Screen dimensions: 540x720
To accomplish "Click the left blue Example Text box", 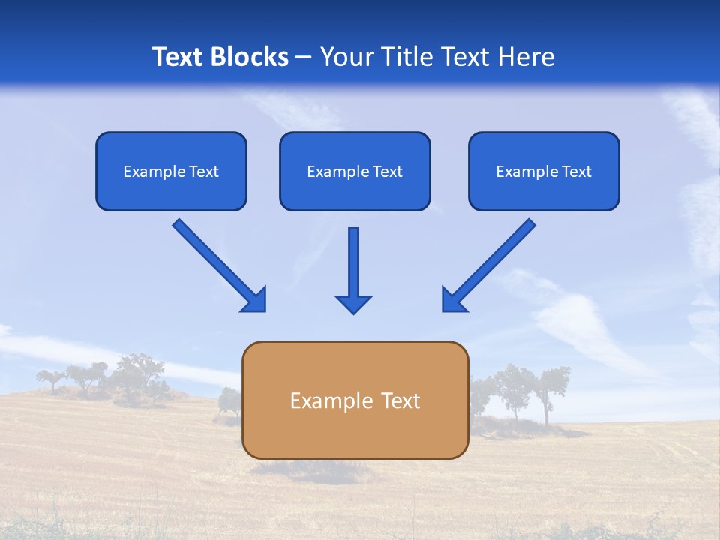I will (x=171, y=171).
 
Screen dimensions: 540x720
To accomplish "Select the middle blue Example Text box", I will (x=355, y=171).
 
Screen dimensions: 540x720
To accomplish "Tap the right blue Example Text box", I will (x=544, y=171).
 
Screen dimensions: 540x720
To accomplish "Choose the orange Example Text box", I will (x=355, y=400).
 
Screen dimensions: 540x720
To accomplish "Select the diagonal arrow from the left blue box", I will (x=214, y=259).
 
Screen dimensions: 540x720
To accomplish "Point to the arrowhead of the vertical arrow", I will (x=353, y=304).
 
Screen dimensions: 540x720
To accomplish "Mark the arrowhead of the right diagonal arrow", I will (x=454, y=299).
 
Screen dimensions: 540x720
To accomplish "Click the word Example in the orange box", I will (x=328, y=400).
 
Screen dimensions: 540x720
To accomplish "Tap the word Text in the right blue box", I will (x=576, y=172).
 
